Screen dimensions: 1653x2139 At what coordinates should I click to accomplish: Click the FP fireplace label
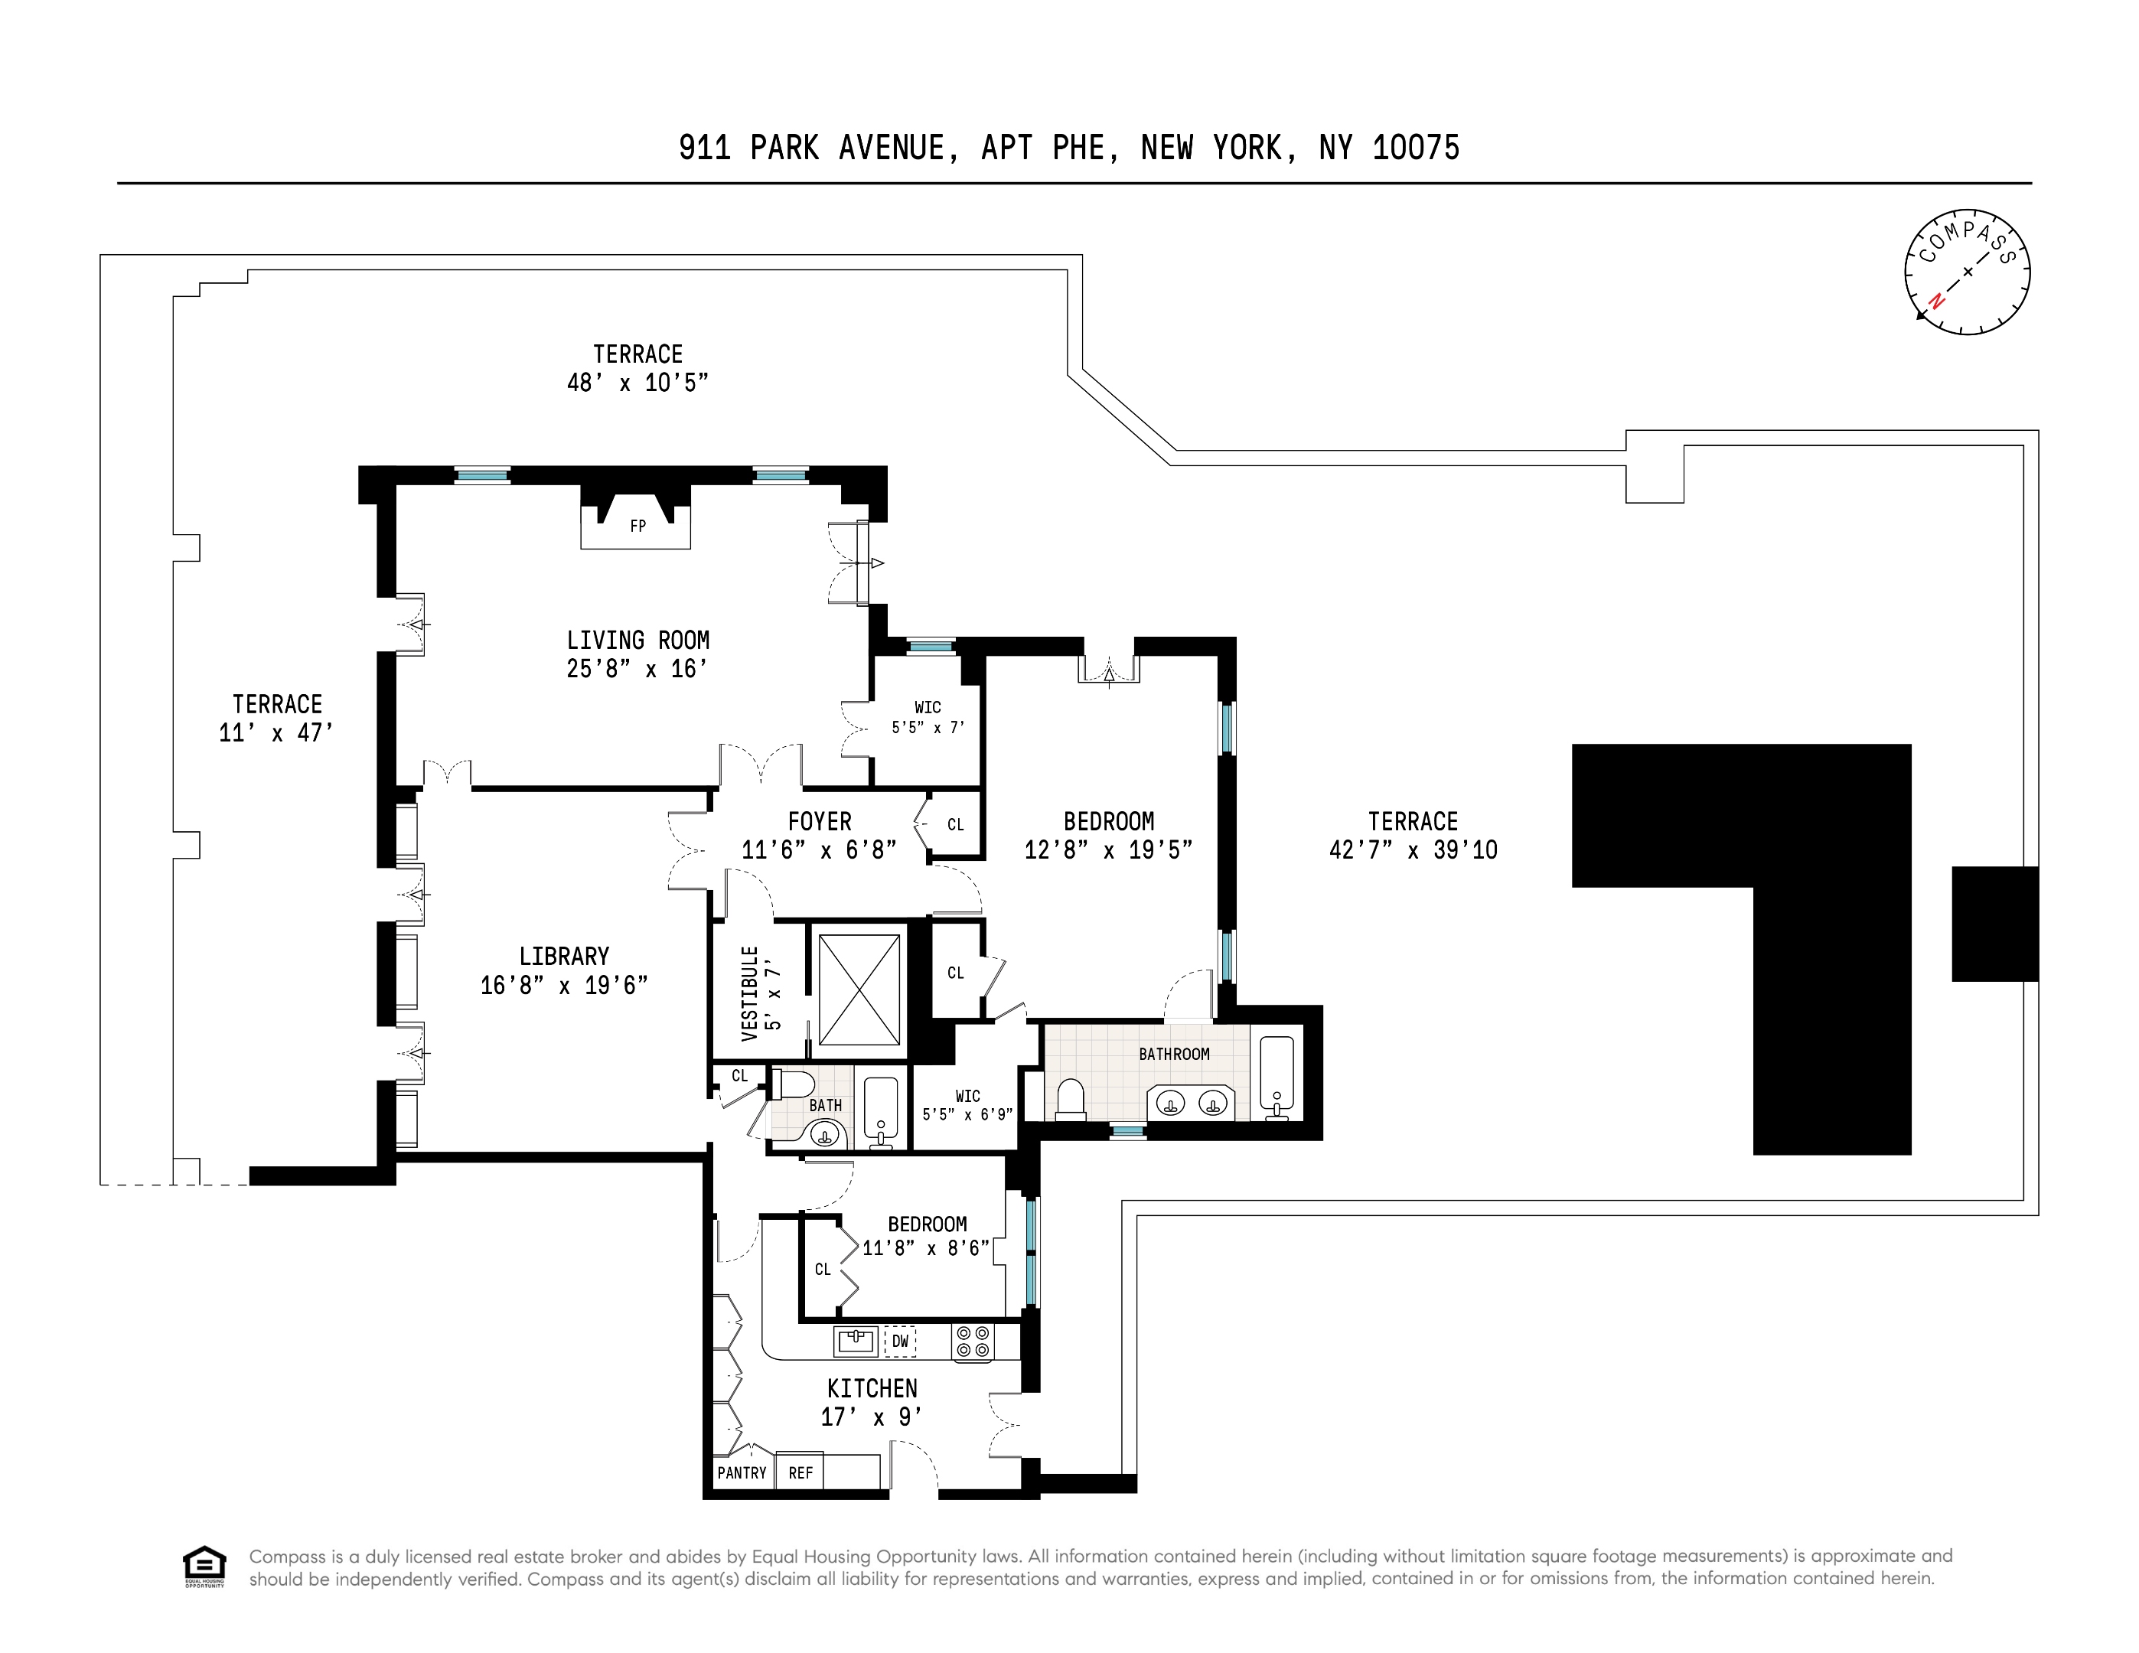[x=637, y=527]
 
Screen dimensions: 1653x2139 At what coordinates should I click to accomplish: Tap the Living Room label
[x=637, y=641]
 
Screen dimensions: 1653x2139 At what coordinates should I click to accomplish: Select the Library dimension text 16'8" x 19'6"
[x=564, y=985]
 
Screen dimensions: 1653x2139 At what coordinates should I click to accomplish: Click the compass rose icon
[x=1967, y=272]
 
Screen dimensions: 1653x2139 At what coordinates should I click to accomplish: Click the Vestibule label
[x=749, y=993]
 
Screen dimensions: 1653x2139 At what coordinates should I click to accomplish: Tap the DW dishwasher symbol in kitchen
[x=899, y=1341]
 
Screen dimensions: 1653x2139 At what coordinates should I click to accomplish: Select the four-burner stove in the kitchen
[x=973, y=1341]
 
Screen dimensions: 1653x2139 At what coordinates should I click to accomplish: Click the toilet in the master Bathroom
[x=1071, y=1099]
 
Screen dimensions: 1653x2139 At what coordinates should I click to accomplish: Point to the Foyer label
[x=820, y=822]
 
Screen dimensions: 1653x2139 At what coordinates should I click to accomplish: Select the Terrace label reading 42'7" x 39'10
[x=1412, y=836]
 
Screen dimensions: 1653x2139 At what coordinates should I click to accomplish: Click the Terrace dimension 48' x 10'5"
[x=637, y=383]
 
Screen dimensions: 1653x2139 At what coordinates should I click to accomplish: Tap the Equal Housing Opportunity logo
[x=204, y=1567]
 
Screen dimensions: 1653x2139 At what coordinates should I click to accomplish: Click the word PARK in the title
[x=784, y=148]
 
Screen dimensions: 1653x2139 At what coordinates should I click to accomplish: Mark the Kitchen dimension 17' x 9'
[x=872, y=1417]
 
